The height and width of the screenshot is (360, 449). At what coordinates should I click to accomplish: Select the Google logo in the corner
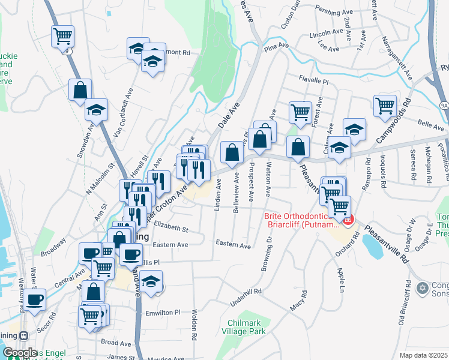[20, 353]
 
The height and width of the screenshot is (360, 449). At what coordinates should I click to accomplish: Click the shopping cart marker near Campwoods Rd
[385, 106]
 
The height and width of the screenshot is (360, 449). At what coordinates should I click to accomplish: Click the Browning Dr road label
[266, 254]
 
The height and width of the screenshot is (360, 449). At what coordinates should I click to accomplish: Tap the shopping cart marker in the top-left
[62, 36]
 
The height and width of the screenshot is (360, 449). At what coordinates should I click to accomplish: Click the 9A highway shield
[444, 104]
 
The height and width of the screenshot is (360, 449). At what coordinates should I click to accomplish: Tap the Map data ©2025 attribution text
[423, 355]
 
